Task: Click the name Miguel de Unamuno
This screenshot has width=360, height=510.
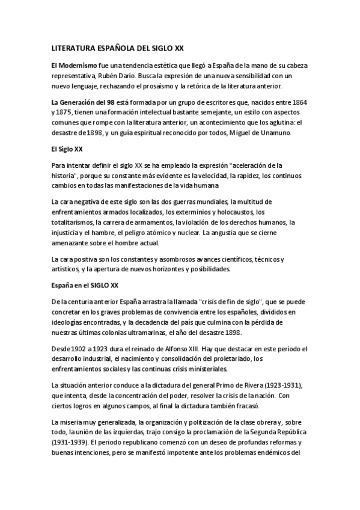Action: (x=261, y=133)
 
